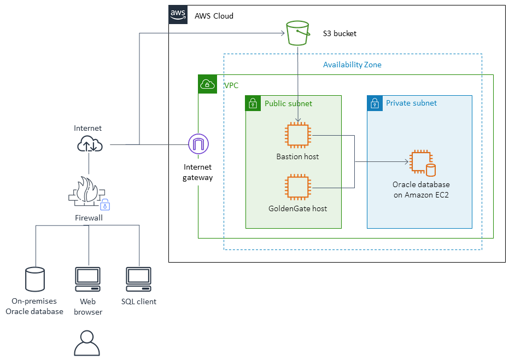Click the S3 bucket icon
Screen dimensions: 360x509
tap(297, 33)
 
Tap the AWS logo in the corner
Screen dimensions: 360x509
tap(178, 15)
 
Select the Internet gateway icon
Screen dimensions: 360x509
tap(198, 144)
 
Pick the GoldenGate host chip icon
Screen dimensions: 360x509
tap(297, 187)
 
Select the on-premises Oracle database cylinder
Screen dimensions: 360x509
tap(35, 279)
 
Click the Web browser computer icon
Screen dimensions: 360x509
tap(87, 279)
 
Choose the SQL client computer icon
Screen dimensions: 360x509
tap(139, 279)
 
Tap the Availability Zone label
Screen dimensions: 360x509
tap(352, 65)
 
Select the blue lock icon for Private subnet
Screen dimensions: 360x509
tap(375, 103)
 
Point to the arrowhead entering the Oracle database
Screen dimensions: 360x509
tap(407, 162)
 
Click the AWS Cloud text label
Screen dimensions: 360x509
tap(214, 16)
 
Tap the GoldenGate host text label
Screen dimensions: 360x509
tap(297, 208)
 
